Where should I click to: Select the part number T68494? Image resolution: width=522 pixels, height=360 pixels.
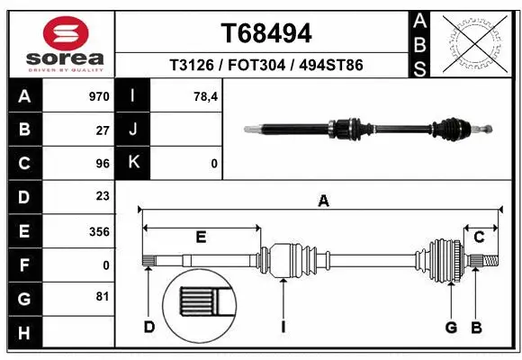(266, 33)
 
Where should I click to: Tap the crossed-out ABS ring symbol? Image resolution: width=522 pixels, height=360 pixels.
(475, 42)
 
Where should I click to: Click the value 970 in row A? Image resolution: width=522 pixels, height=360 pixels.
(99, 96)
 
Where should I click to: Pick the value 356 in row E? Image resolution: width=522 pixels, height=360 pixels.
(99, 231)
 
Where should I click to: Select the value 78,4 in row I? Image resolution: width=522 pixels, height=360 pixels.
(205, 96)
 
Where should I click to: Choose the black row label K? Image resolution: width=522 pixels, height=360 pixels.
(133, 164)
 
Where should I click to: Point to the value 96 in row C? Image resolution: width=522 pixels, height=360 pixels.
(102, 164)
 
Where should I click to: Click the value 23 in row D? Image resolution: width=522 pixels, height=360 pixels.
(102, 196)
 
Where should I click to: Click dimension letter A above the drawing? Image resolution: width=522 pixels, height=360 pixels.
(323, 202)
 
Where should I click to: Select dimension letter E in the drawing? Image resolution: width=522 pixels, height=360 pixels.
(201, 238)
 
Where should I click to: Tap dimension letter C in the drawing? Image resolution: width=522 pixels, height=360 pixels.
(480, 238)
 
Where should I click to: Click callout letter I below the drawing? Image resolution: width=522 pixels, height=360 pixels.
(283, 328)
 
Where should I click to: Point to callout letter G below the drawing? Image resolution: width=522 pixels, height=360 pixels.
(451, 328)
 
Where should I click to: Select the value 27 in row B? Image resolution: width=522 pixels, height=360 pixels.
(102, 130)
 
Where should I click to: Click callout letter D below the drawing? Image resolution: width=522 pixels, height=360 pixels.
(149, 328)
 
